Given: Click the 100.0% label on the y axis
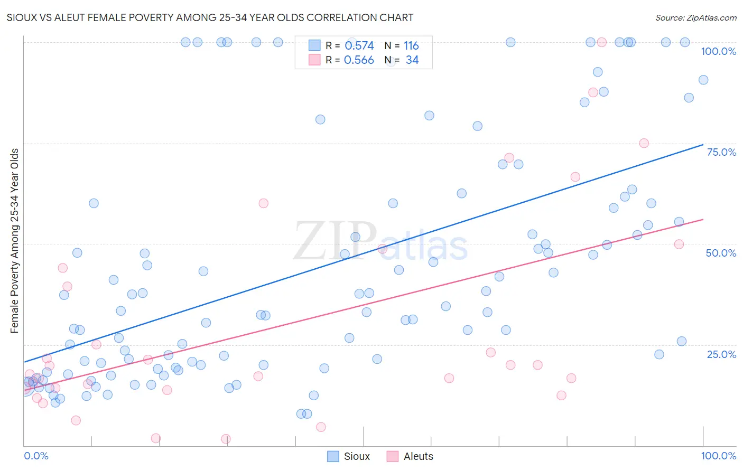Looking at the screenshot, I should click(718, 51).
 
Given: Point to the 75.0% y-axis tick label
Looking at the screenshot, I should click(721, 152).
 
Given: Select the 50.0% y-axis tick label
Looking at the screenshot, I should click(721, 253).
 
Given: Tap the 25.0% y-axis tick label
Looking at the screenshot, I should click(721, 354).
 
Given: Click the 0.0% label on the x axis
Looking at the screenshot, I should click(36, 456).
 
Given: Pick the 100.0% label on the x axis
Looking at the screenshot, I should click(718, 456).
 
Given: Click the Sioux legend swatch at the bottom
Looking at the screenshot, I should click(333, 456).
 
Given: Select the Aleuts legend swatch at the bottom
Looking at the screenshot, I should click(392, 456).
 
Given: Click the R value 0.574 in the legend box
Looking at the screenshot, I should click(359, 46).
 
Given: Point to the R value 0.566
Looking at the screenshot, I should click(359, 60).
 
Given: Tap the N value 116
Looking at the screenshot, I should click(411, 46).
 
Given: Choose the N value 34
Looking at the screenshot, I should click(412, 60).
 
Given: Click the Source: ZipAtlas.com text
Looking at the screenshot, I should click(695, 17).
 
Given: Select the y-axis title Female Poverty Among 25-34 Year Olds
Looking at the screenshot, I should click(14, 241).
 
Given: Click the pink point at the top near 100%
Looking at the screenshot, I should click(601, 42).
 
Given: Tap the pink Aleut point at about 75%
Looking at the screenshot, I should click(644, 143).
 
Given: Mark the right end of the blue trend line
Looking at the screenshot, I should click(703, 144).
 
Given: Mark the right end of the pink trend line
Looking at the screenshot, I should click(703, 219).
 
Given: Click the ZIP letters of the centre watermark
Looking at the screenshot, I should click(335, 241).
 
